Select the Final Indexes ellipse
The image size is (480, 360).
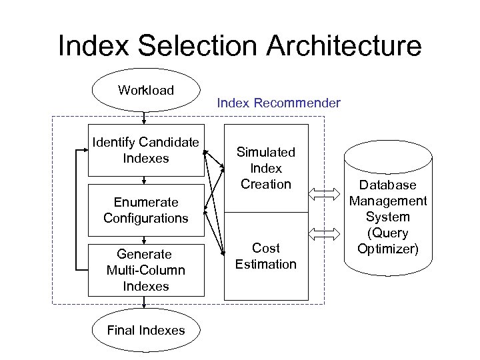tap(145, 331)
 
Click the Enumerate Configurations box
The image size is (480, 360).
tap(145, 210)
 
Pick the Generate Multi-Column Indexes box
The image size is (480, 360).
tap(145, 270)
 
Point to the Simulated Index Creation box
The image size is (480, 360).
tap(266, 169)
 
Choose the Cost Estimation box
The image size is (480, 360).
tap(266, 256)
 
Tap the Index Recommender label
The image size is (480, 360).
tap(279, 103)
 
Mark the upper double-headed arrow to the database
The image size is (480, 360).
tap(325, 194)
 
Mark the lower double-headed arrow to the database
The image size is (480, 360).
tap(325, 234)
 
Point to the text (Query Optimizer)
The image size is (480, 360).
tap(387, 241)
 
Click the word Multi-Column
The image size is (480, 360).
tap(145, 270)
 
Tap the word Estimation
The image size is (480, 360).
tap(266, 265)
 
